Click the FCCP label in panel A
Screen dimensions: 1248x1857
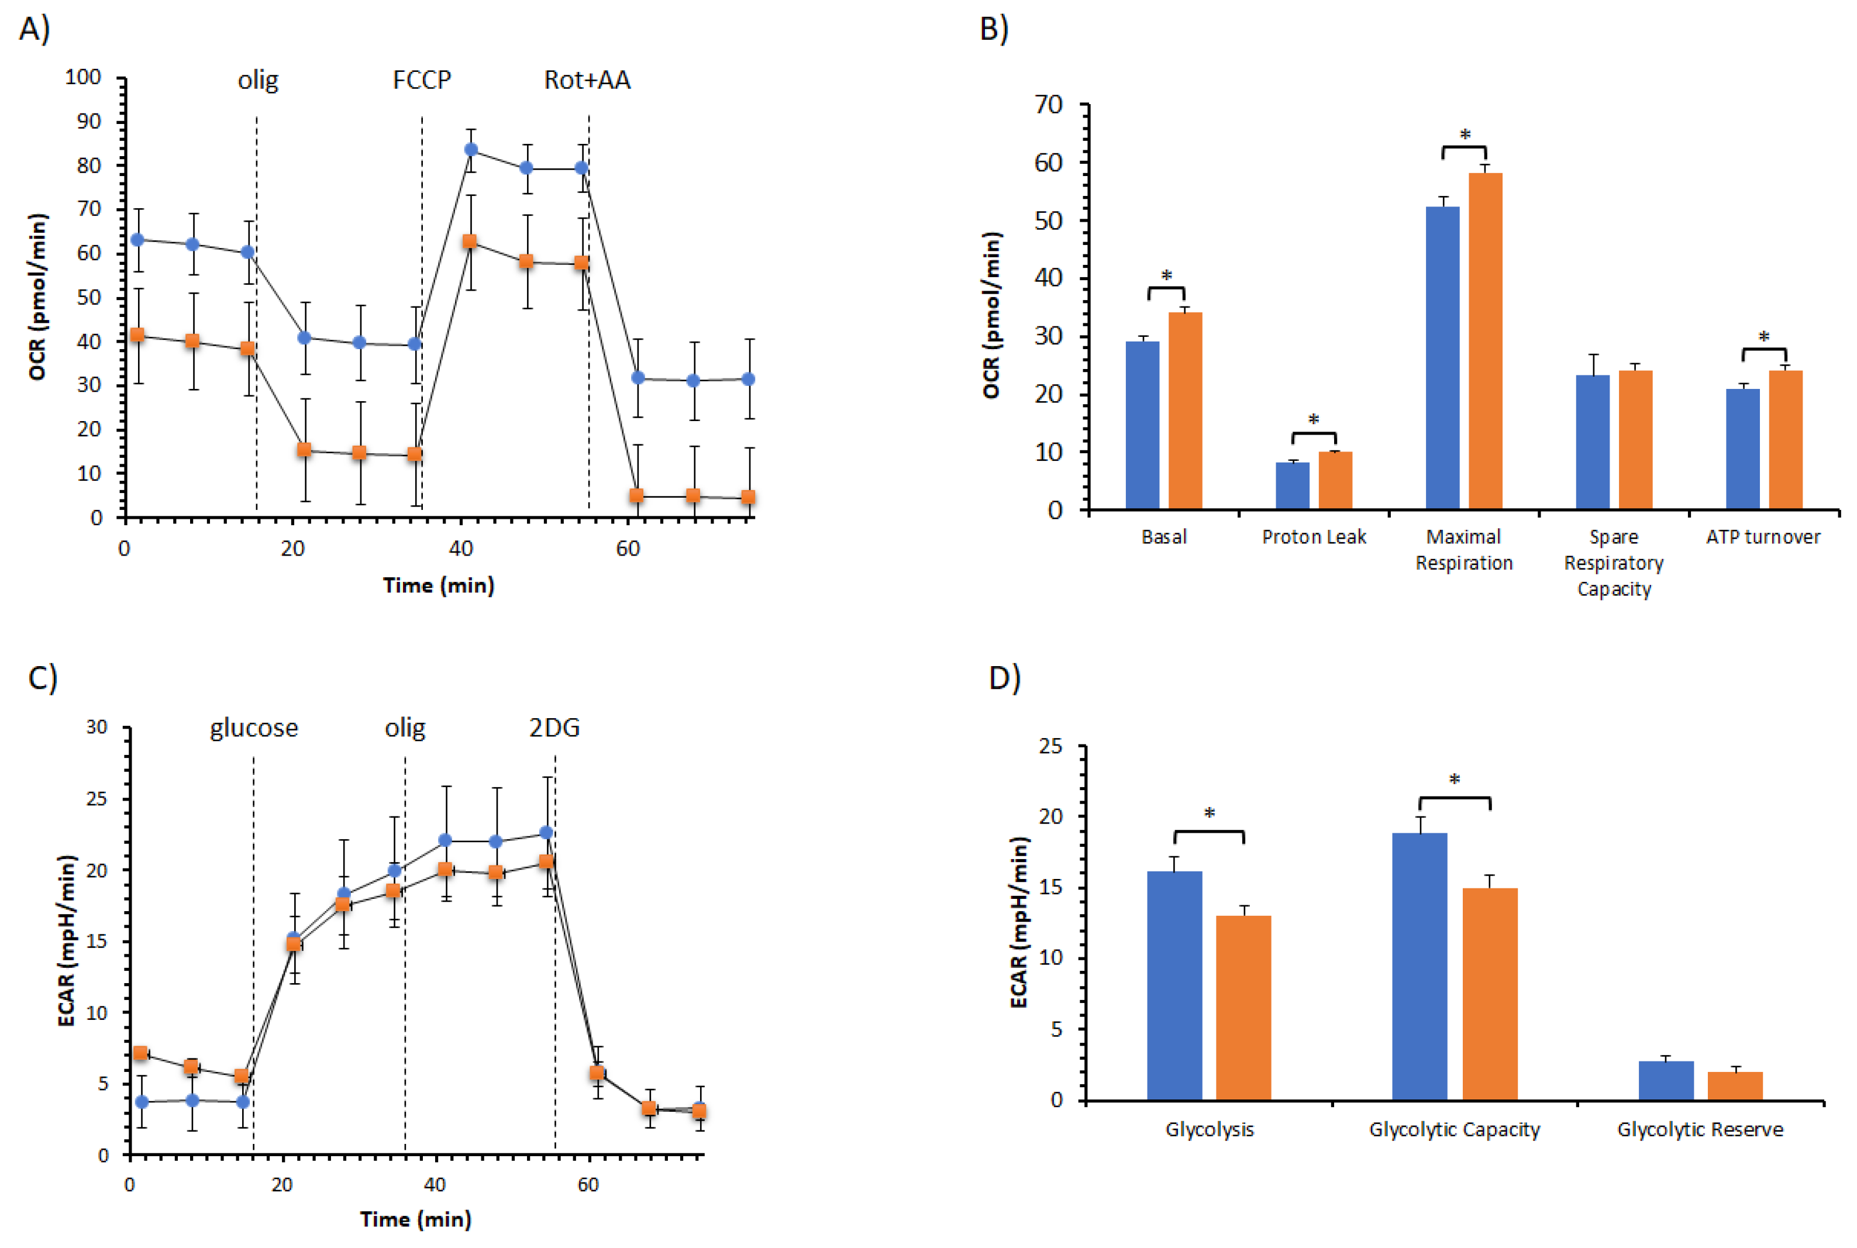[x=421, y=80]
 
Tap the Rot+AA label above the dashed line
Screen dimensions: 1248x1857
[x=587, y=80]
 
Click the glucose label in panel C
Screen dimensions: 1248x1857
[x=254, y=728]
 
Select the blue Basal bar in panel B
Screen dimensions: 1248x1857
[x=1142, y=425]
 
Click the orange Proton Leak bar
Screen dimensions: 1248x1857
[x=1335, y=480]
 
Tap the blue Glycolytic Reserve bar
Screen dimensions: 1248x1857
[x=1665, y=1080]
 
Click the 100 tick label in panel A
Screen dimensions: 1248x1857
[x=83, y=77]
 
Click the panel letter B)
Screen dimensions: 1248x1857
[x=993, y=29]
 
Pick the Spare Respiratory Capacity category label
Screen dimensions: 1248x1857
[x=1614, y=563]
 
